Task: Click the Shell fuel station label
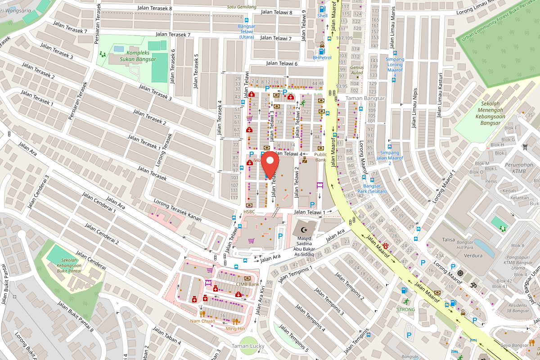322,16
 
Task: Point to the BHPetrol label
322,58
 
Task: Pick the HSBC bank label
249,211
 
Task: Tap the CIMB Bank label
247,284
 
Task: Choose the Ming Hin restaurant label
235,328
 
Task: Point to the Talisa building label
448,240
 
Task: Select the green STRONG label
406,309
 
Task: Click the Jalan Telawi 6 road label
282,63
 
